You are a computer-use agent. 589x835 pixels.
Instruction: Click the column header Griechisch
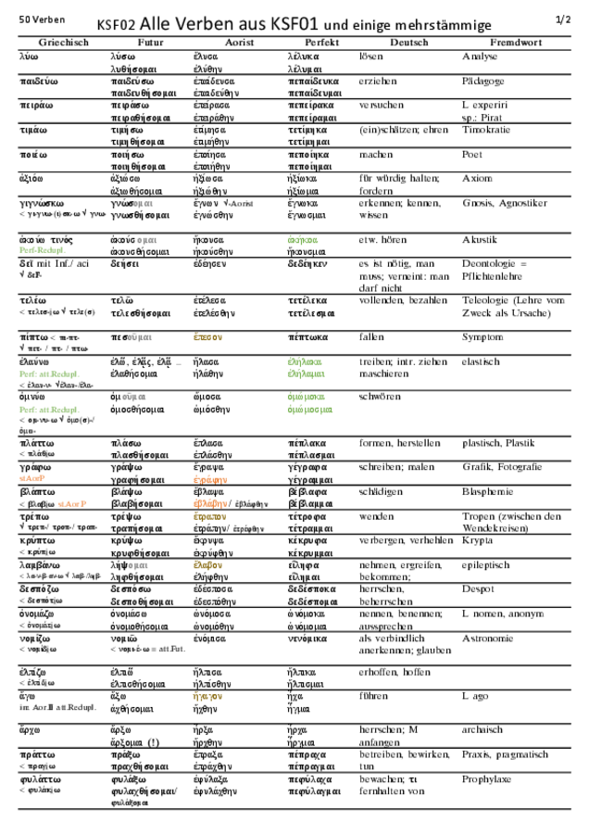pos(63,43)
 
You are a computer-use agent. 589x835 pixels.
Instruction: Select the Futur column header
pos(150,43)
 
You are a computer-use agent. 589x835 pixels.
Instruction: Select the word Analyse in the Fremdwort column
pos(480,57)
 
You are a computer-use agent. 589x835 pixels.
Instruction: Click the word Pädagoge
pos(482,82)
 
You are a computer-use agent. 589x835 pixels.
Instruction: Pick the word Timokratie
pos(485,130)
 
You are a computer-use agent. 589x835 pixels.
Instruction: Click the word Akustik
pos(480,239)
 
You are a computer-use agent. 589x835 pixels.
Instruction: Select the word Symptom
pos(482,336)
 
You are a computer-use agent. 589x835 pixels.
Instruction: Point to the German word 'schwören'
pos(380,396)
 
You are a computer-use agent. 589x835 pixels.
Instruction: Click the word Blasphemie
pos(487,492)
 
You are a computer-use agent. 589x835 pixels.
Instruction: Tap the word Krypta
pos(478,540)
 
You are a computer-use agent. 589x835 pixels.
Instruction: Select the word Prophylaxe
pos(486,779)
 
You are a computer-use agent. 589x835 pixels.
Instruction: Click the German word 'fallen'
pos(372,336)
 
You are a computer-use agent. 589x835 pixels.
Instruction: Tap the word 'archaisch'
pos(482,729)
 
